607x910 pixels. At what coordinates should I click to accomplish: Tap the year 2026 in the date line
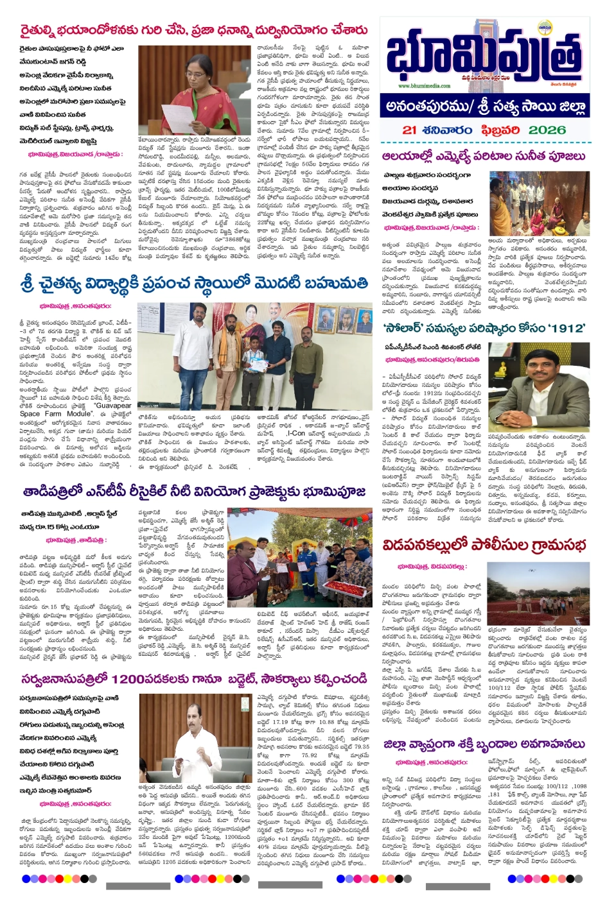tap(547, 130)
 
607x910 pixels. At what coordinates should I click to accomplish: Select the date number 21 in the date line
tap(410, 130)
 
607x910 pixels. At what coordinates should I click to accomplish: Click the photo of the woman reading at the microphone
tap(194, 90)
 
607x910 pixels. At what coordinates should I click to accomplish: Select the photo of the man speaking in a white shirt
tap(194, 738)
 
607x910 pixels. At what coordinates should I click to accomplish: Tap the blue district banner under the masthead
tap(484, 106)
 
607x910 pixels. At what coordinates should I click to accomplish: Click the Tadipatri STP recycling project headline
tap(194, 492)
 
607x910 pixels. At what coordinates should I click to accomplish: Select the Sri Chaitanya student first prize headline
tap(194, 283)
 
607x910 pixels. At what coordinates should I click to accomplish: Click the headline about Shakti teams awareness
tap(475, 744)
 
